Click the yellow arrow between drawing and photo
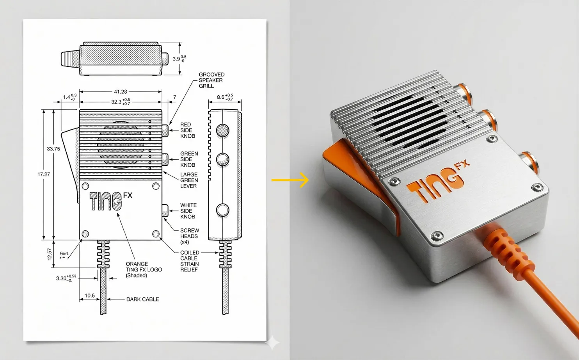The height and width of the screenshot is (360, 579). (289, 180)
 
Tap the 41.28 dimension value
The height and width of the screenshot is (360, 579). (120, 92)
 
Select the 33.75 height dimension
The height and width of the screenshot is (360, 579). (53, 149)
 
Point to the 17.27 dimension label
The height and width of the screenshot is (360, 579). (44, 174)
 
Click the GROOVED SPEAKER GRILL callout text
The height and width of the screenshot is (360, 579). (211, 80)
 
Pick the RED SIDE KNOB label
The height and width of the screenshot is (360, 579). (188, 130)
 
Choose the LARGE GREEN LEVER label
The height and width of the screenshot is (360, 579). (189, 180)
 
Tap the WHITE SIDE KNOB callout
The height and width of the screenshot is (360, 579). (188, 211)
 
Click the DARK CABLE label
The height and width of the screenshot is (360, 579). (142, 299)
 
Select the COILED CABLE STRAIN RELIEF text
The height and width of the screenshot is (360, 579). (190, 261)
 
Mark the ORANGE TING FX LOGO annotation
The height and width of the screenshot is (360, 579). (144, 270)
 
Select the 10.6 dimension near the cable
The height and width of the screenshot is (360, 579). (89, 296)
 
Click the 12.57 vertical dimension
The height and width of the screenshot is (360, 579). (50, 254)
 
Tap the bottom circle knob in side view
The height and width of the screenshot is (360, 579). (223, 210)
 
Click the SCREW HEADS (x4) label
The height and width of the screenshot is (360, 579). (190, 236)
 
